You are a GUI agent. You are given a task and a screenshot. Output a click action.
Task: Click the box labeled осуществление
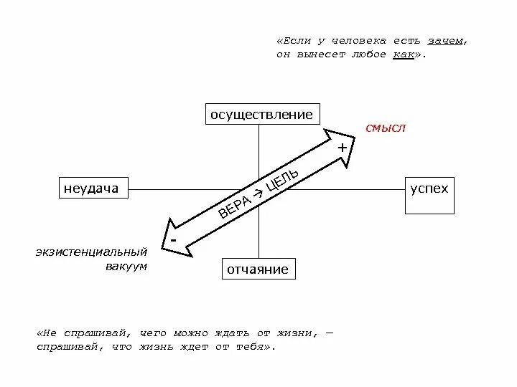pyautogui.click(x=261, y=115)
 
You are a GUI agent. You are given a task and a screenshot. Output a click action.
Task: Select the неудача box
pyautogui.click(x=90, y=188)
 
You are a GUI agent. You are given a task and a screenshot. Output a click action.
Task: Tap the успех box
pyautogui.click(x=429, y=189)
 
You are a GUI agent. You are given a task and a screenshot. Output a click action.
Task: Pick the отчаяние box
pyautogui.click(x=257, y=269)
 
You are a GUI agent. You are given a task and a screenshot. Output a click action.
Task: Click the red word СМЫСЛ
pyautogui.click(x=386, y=128)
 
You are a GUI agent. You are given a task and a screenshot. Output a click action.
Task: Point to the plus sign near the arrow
pyautogui.click(x=343, y=147)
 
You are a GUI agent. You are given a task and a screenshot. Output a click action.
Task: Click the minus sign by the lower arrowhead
pyautogui.click(x=173, y=237)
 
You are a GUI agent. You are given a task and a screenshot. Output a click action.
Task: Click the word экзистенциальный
pyautogui.click(x=91, y=252)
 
